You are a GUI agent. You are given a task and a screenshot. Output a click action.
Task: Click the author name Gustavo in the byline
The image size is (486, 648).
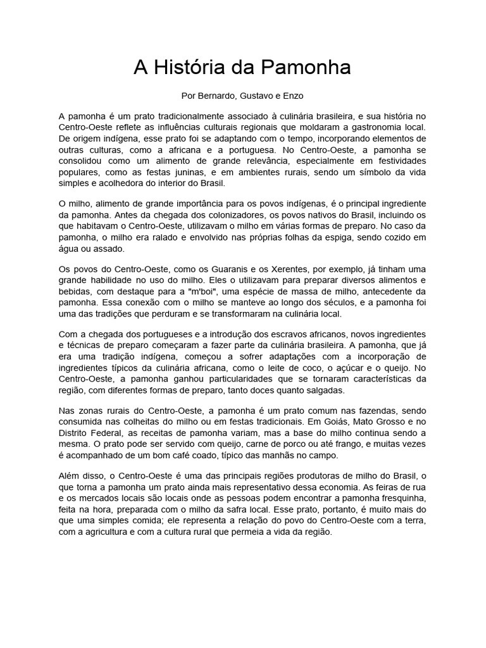pyautogui.click(x=256, y=97)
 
